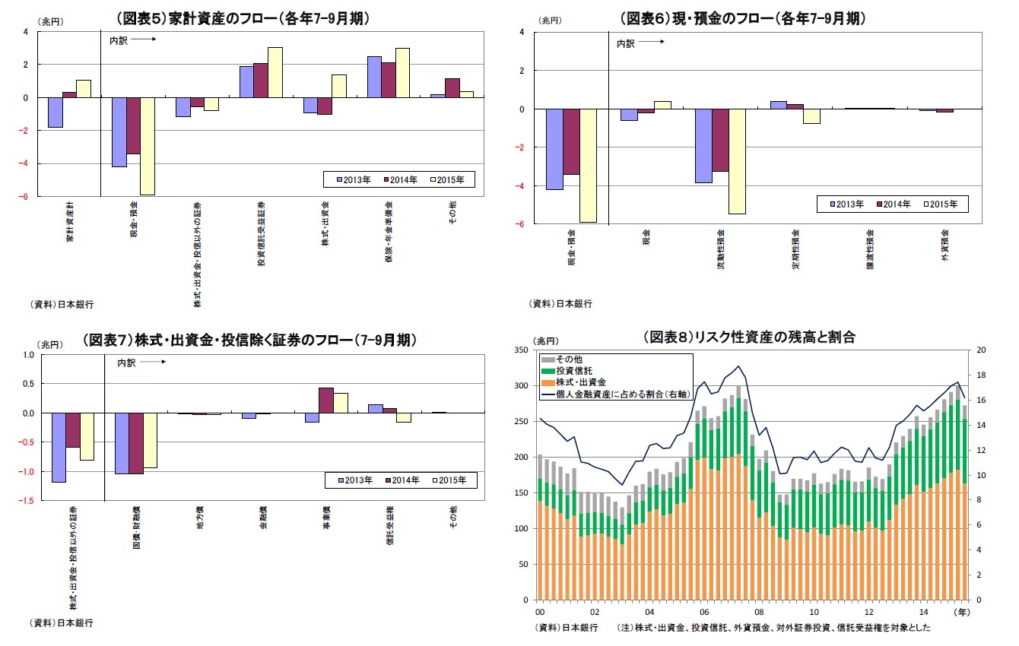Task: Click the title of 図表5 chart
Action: coord(242,19)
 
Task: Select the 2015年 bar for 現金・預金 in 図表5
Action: coord(148,146)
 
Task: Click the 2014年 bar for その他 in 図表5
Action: coord(452,87)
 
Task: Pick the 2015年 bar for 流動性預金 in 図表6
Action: coord(738,161)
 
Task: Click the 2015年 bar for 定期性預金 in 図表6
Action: coord(811,116)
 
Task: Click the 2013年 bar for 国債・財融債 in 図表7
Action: coord(121,443)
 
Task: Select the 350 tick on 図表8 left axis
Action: coord(522,350)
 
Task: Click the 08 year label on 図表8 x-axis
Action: coord(759,612)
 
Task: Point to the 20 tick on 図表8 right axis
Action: coord(981,350)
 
